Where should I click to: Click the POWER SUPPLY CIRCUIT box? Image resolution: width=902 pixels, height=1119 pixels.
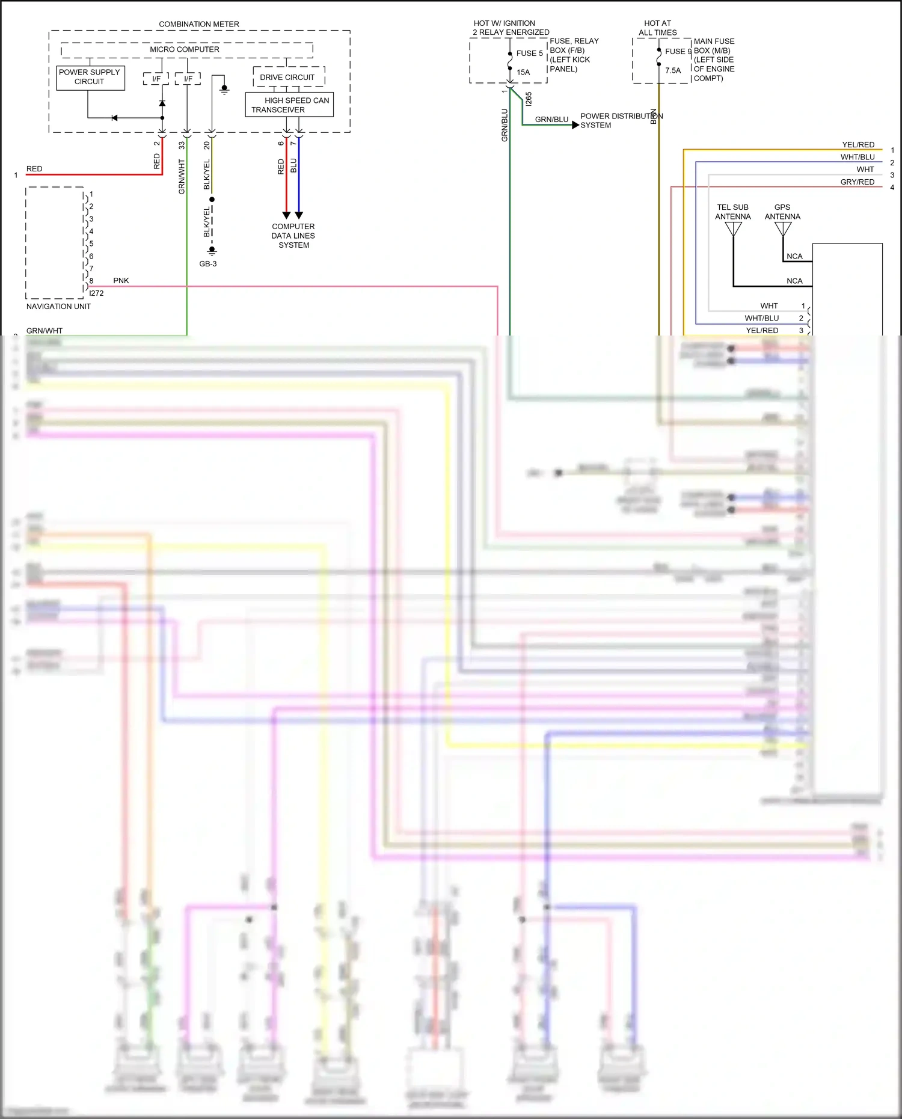click(x=90, y=78)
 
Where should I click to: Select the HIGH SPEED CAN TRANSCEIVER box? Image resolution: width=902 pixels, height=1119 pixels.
click(x=289, y=105)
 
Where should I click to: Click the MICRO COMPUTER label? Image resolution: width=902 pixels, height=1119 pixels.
click(x=185, y=49)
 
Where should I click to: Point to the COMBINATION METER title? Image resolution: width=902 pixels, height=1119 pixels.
click(x=199, y=24)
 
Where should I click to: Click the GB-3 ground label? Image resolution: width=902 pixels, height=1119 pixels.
click(x=208, y=264)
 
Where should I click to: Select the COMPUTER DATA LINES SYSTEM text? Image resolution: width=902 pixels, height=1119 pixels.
click(x=293, y=236)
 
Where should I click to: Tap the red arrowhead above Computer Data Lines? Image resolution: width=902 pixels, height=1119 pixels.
click(x=286, y=215)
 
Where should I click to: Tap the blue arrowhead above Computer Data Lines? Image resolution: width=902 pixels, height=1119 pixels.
click(x=299, y=215)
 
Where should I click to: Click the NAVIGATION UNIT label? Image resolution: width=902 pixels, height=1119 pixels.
click(x=58, y=307)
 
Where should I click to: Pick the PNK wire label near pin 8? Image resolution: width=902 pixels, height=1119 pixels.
click(x=121, y=281)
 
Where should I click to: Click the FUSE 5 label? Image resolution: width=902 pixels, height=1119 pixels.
click(x=529, y=53)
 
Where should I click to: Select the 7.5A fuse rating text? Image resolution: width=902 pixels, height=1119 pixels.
click(x=673, y=70)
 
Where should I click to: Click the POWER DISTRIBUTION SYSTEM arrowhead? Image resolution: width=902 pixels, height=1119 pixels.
click(x=575, y=125)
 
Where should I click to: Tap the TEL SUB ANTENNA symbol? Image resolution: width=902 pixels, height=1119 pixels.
click(x=733, y=228)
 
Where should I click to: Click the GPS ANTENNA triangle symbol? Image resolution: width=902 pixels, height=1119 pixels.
click(x=783, y=228)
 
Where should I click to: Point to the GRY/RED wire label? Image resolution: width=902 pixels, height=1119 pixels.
click(x=857, y=182)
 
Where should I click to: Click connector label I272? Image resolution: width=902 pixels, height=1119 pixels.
click(x=96, y=293)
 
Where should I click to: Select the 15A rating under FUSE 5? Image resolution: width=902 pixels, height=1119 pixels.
click(x=523, y=72)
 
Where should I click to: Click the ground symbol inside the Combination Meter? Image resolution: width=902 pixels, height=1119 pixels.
click(x=224, y=90)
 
